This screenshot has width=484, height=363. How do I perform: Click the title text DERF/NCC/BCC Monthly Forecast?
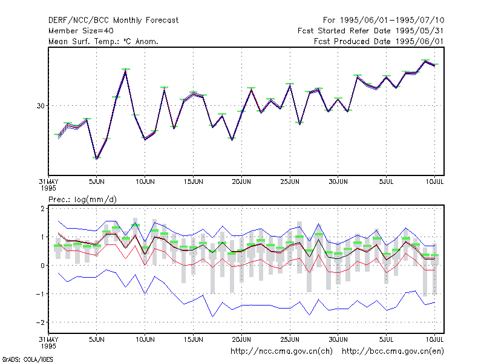click(113, 21)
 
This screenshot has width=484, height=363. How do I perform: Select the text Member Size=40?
click(81, 31)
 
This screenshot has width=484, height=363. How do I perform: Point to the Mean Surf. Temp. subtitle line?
click(103, 41)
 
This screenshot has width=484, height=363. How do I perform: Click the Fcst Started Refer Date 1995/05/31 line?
click(371, 31)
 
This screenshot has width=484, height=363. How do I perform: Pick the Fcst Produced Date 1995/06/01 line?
click(379, 41)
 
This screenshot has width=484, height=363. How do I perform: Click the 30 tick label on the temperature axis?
click(41, 106)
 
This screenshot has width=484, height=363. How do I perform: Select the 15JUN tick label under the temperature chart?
click(193, 182)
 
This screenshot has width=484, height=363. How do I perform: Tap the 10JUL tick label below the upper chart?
click(434, 182)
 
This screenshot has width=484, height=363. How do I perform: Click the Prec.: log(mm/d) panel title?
click(82, 200)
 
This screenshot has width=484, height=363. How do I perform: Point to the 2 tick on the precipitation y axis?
click(42, 209)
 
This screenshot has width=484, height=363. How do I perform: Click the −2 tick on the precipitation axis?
click(40, 322)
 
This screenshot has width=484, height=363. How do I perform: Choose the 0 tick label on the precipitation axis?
click(42, 266)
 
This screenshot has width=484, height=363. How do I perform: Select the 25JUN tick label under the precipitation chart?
click(290, 339)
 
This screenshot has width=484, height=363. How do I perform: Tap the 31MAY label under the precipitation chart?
click(48, 339)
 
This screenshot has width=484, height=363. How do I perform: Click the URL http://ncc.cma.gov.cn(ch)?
click(281, 352)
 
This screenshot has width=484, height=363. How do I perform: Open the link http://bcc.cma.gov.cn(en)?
click(393, 352)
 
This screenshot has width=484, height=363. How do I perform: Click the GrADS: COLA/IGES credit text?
click(27, 359)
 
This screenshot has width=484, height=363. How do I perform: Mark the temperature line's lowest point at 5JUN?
click(97, 159)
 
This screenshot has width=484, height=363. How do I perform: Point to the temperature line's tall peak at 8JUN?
click(126, 71)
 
